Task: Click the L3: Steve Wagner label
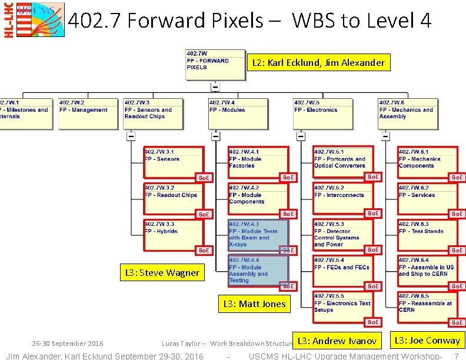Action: coord(162,273)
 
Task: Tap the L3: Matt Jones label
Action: coord(254,304)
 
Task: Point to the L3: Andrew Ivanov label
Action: coord(337,341)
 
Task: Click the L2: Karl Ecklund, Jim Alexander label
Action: coord(318,62)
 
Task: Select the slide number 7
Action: coord(456,356)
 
